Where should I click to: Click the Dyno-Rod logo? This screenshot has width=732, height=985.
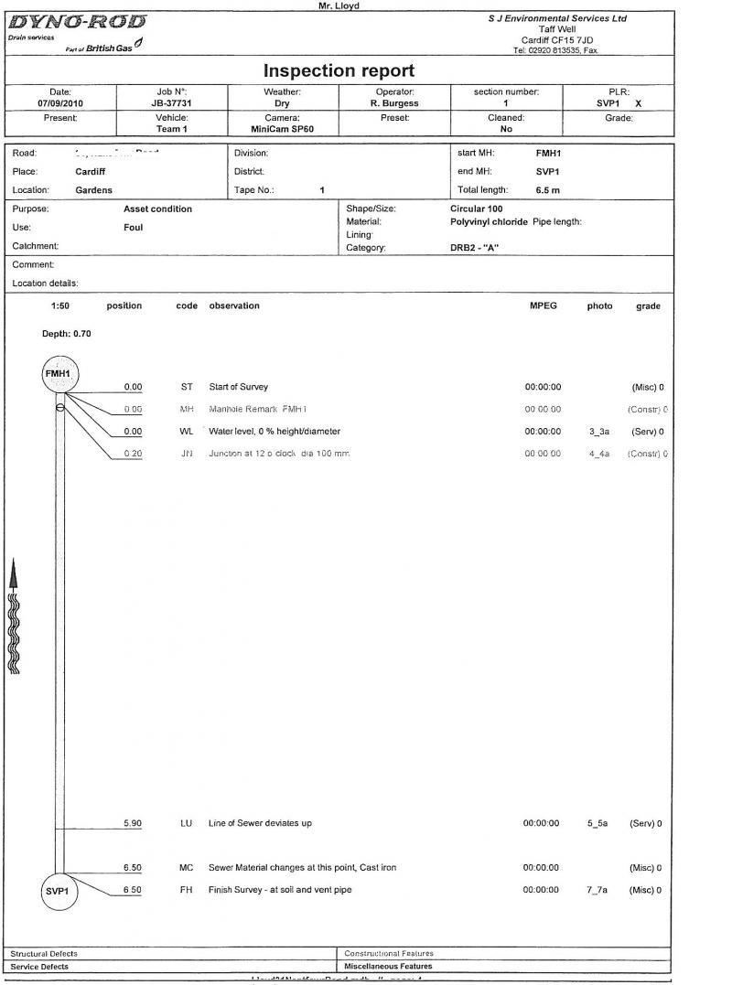coord(77,22)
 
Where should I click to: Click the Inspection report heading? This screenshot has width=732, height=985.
coord(339,70)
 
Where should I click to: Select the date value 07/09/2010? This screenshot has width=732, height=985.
coord(60,103)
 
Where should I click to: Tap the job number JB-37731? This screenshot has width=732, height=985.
coord(171,103)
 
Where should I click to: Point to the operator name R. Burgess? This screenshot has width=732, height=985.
coord(394,103)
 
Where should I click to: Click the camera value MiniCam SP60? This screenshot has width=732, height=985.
coord(282,129)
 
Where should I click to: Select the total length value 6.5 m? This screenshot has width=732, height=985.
coord(548,190)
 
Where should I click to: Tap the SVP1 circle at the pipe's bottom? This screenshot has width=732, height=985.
coord(59,892)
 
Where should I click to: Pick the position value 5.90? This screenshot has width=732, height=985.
coord(133,823)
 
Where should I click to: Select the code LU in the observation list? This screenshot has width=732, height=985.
coord(187,823)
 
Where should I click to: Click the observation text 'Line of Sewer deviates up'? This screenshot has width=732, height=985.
coord(260,823)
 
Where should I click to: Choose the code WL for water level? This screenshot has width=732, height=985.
coord(187,432)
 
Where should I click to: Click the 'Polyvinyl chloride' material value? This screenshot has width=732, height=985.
coord(489,221)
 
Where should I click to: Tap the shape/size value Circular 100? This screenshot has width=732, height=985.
coord(476,209)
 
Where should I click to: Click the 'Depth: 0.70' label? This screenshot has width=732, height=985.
coord(67,334)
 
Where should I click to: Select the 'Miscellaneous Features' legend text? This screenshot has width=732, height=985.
coord(388,966)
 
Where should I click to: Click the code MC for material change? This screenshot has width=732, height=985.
coord(187,867)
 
